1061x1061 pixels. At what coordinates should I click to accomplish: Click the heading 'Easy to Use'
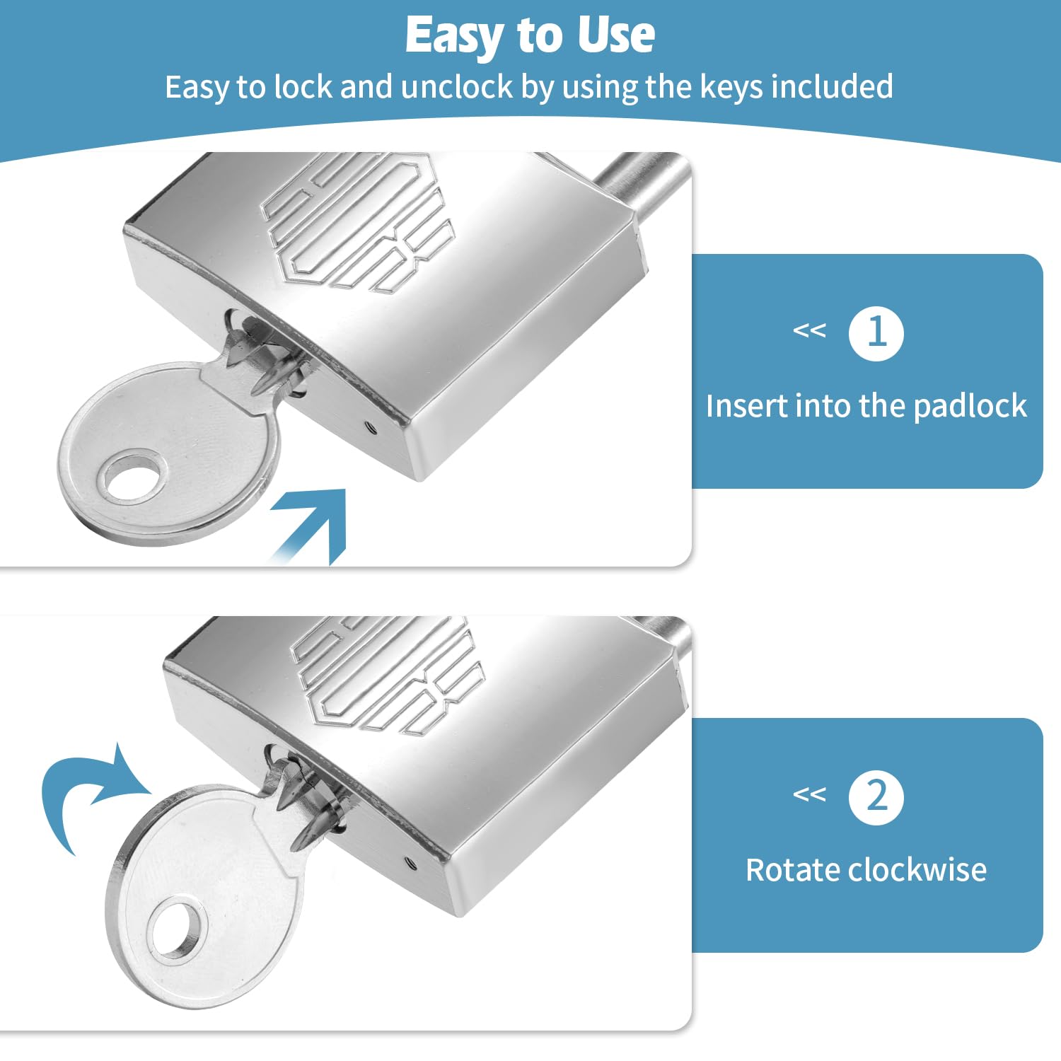point(530,35)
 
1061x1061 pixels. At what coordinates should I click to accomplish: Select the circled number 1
point(876,333)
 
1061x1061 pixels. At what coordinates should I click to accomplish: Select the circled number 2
point(876,797)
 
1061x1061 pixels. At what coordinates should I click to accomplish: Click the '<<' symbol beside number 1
point(809,330)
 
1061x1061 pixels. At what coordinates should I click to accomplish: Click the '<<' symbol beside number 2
point(809,794)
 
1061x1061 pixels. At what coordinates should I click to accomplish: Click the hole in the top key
point(132,479)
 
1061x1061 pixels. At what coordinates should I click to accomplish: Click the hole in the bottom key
point(176,927)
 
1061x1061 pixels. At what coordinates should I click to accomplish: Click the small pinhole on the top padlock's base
point(369,427)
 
